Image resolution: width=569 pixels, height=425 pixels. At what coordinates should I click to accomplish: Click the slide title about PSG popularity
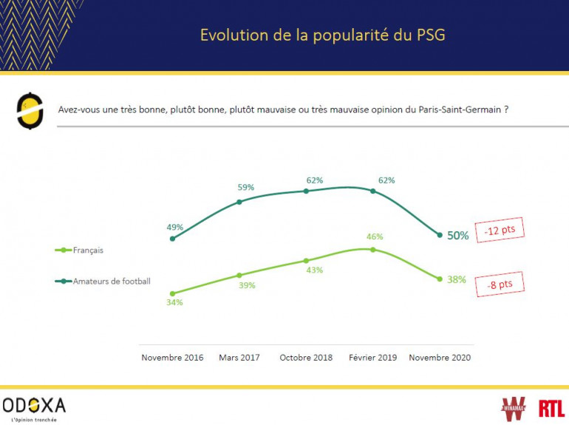click(x=323, y=35)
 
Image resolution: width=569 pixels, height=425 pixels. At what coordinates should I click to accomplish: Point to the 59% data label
click(x=246, y=188)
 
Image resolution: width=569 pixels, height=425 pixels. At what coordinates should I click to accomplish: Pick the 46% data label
click(x=375, y=237)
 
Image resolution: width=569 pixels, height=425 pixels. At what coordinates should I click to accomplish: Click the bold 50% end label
click(x=457, y=236)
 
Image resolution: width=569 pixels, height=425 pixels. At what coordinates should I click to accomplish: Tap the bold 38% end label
click(x=457, y=279)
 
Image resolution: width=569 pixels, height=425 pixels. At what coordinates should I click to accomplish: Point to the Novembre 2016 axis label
click(x=173, y=358)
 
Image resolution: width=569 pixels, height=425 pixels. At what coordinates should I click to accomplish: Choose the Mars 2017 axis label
click(x=240, y=358)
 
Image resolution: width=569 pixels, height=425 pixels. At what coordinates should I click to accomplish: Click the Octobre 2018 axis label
click(x=307, y=358)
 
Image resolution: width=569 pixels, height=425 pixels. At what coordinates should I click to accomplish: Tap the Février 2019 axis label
click(x=373, y=358)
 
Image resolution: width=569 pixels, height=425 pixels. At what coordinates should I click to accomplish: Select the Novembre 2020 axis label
click(x=440, y=358)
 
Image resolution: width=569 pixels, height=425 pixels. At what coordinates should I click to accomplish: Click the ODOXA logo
click(x=34, y=407)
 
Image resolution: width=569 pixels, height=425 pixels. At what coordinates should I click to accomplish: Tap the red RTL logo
click(x=551, y=407)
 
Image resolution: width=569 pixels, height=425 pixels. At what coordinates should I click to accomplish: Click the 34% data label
click(x=174, y=302)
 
